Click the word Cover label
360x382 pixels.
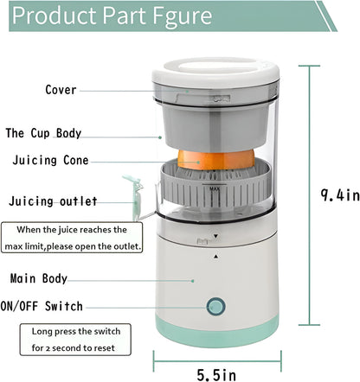(x=61, y=90)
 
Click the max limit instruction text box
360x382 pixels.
(x=66, y=238)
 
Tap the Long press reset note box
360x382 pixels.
(x=77, y=339)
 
